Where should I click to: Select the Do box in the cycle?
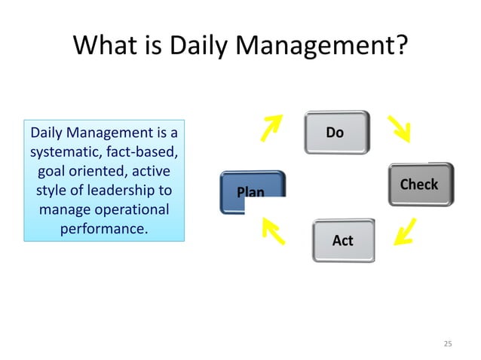coord(336,133)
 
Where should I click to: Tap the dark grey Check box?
coord(420,185)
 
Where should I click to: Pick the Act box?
coord(343,240)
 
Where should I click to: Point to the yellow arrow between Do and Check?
coord(400,129)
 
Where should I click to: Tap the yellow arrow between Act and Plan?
coord(272,231)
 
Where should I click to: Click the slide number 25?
coord(448,344)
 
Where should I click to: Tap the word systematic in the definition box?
coord(61,153)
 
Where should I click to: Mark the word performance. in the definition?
coord(103,226)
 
